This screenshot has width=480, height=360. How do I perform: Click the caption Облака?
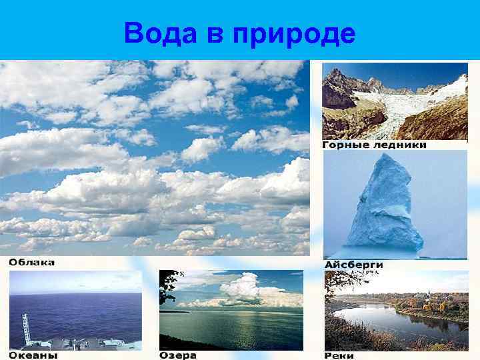[x=31, y=262]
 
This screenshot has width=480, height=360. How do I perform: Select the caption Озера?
[x=178, y=355]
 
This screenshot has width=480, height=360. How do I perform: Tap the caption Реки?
[x=340, y=355]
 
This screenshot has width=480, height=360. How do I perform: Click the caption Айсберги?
[x=354, y=265]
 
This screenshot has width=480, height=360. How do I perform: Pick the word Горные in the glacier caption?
[x=345, y=145]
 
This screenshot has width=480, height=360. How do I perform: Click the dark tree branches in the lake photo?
[x=167, y=287]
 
